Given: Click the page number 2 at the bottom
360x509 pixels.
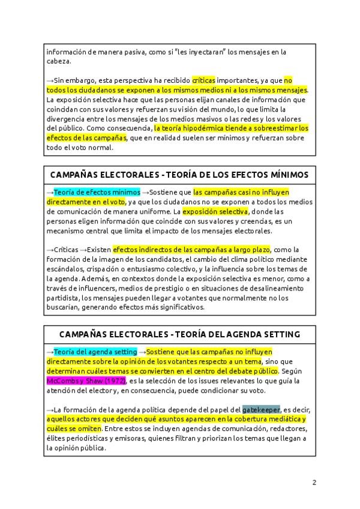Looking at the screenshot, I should [x=314, y=482].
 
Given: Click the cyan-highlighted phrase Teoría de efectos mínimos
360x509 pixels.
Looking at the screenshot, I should [x=97, y=192].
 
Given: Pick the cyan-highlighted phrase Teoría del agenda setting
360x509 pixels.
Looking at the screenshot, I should [x=95, y=351].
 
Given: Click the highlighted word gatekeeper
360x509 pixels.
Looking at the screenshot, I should [x=261, y=409].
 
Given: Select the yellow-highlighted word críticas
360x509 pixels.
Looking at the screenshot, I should [x=203, y=80].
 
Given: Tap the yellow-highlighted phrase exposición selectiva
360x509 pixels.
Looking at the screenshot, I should [x=215, y=211].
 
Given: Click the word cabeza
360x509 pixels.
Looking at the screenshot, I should [x=58, y=61].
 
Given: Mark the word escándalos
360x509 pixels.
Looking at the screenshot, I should [x=65, y=269].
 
